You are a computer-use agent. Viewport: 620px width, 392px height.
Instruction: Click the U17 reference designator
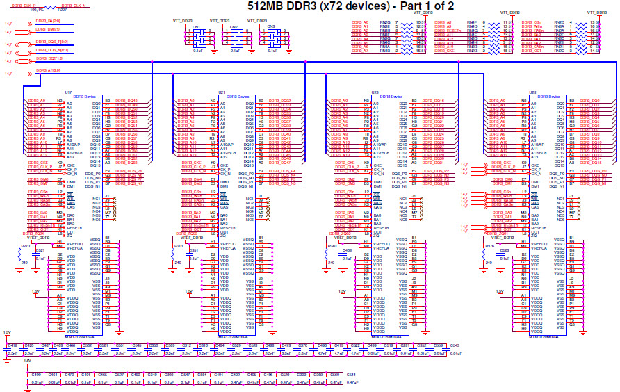68,92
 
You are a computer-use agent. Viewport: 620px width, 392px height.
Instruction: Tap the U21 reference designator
222,92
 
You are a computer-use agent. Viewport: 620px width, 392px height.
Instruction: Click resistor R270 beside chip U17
25,246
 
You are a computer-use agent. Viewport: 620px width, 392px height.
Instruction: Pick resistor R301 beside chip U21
178,246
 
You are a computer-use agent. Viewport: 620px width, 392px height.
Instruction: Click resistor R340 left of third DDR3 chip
332,246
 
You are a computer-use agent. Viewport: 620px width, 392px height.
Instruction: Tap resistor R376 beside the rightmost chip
489,246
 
